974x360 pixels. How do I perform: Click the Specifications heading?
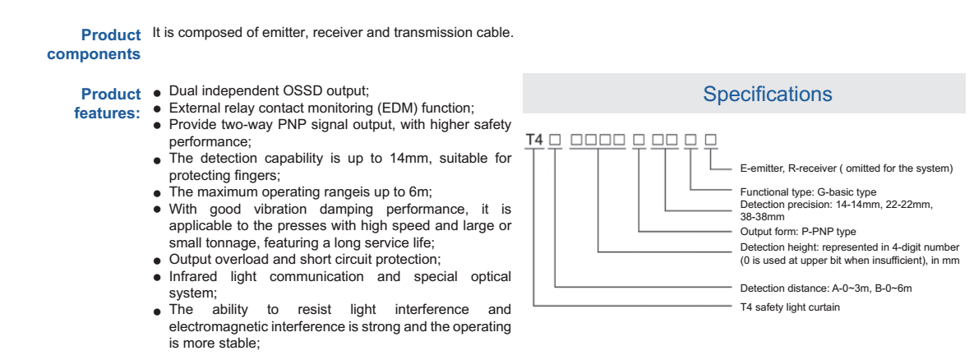coord(767,95)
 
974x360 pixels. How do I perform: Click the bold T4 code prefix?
coord(534,140)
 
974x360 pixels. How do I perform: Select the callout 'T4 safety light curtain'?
coord(790,307)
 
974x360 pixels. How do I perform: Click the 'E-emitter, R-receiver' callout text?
coord(847,169)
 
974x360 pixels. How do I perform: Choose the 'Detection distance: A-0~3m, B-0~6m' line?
coord(826,288)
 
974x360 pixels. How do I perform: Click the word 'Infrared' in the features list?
coord(196,276)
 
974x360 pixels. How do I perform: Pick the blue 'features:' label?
coord(107,113)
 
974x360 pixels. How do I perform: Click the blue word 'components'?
coord(94,54)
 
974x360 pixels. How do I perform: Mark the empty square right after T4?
coord(555,140)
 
